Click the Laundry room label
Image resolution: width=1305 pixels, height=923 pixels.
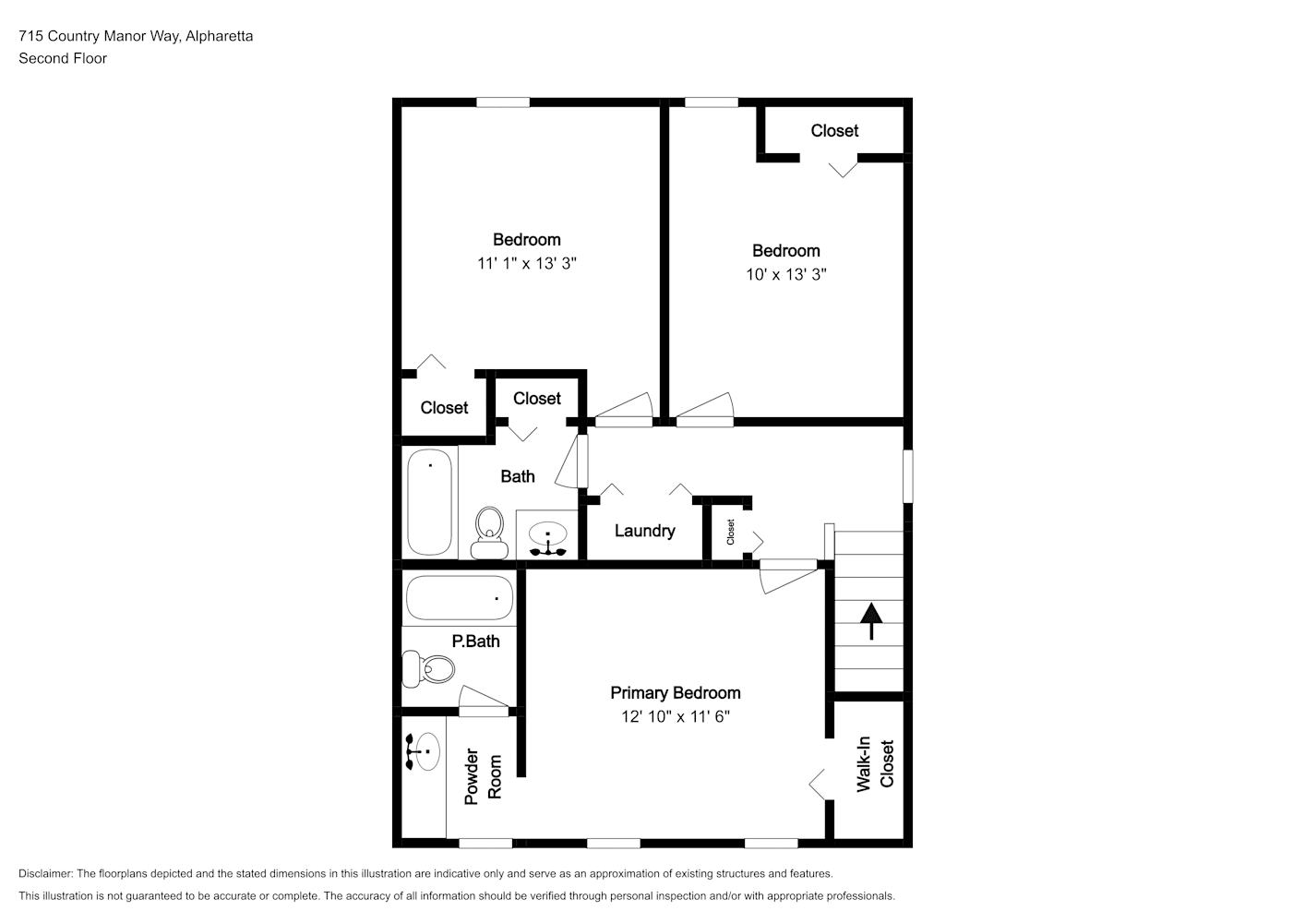(x=644, y=530)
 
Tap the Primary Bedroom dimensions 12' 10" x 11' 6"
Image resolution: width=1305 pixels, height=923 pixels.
(x=676, y=716)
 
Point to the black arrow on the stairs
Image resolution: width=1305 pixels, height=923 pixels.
(x=871, y=620)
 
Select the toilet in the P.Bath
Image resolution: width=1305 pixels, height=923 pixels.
(x=428, y=668)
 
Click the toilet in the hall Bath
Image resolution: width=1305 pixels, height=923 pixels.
(x=489, y=533)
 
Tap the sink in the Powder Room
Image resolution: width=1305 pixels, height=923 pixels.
(x=424, y=751)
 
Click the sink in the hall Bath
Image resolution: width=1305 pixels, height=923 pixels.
(x=547, y=536)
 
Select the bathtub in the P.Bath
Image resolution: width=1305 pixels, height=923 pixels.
(x=459, y=597)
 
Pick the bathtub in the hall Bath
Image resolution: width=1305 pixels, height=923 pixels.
(x=429, y=502)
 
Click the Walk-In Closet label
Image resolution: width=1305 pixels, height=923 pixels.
(x=875, y=764)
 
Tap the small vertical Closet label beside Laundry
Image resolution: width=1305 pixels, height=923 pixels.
(x=730, y=532)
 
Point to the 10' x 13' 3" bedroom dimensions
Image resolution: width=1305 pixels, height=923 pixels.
(x=786, y=274)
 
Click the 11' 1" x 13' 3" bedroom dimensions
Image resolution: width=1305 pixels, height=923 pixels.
(x=527, y=263)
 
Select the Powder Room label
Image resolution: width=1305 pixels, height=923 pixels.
(x=483, y=777)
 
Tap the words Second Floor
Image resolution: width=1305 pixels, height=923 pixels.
(x=63, y=58)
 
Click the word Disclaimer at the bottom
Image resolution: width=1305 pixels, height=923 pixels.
(x=45, y=873)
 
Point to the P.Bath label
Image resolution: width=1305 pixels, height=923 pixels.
(x=475, y=641)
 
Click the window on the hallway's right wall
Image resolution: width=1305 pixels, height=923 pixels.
(x=907, y=475)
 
